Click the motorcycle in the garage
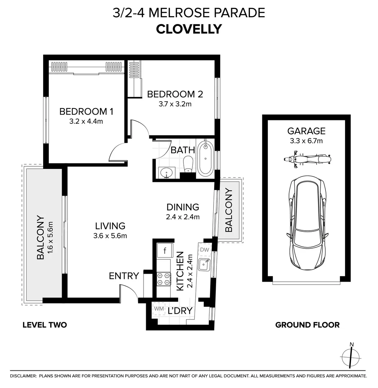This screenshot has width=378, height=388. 307,159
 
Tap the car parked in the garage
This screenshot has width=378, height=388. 308,223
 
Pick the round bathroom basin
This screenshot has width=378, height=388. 167,173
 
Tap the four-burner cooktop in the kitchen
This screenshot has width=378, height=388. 164,279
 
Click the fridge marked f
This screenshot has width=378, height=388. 165,250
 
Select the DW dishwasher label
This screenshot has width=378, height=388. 205,250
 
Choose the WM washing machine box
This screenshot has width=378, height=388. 159,309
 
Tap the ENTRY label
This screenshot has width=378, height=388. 124,276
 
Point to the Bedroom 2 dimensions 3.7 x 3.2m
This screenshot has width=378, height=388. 175,104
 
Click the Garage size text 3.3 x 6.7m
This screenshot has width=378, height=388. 306,141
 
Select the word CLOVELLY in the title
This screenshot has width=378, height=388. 189,29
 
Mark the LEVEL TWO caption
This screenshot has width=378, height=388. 45,325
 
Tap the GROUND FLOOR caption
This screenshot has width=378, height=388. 308,325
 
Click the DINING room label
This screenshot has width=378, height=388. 183,207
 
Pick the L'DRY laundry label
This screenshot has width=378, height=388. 180,310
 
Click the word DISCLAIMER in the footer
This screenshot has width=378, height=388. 23,376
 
